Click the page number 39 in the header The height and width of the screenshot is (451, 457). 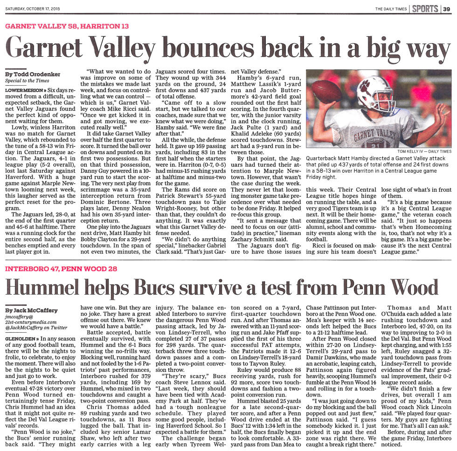(x=446, y=9)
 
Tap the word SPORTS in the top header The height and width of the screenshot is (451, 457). (x=424, y=9)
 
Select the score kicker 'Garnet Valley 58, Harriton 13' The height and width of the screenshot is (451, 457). (x=67, y=27)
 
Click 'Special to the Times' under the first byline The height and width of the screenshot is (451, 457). (x=27, y=81)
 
